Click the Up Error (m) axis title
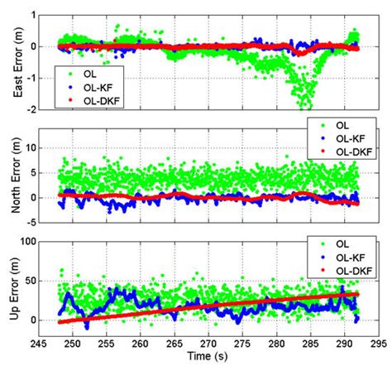click(x=10, y=290)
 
